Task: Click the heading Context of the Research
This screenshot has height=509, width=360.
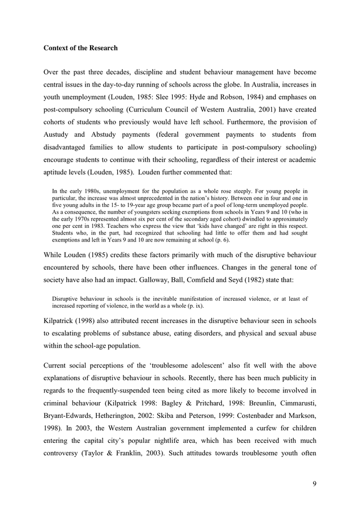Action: pyautogui.click(x=80, y=48)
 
